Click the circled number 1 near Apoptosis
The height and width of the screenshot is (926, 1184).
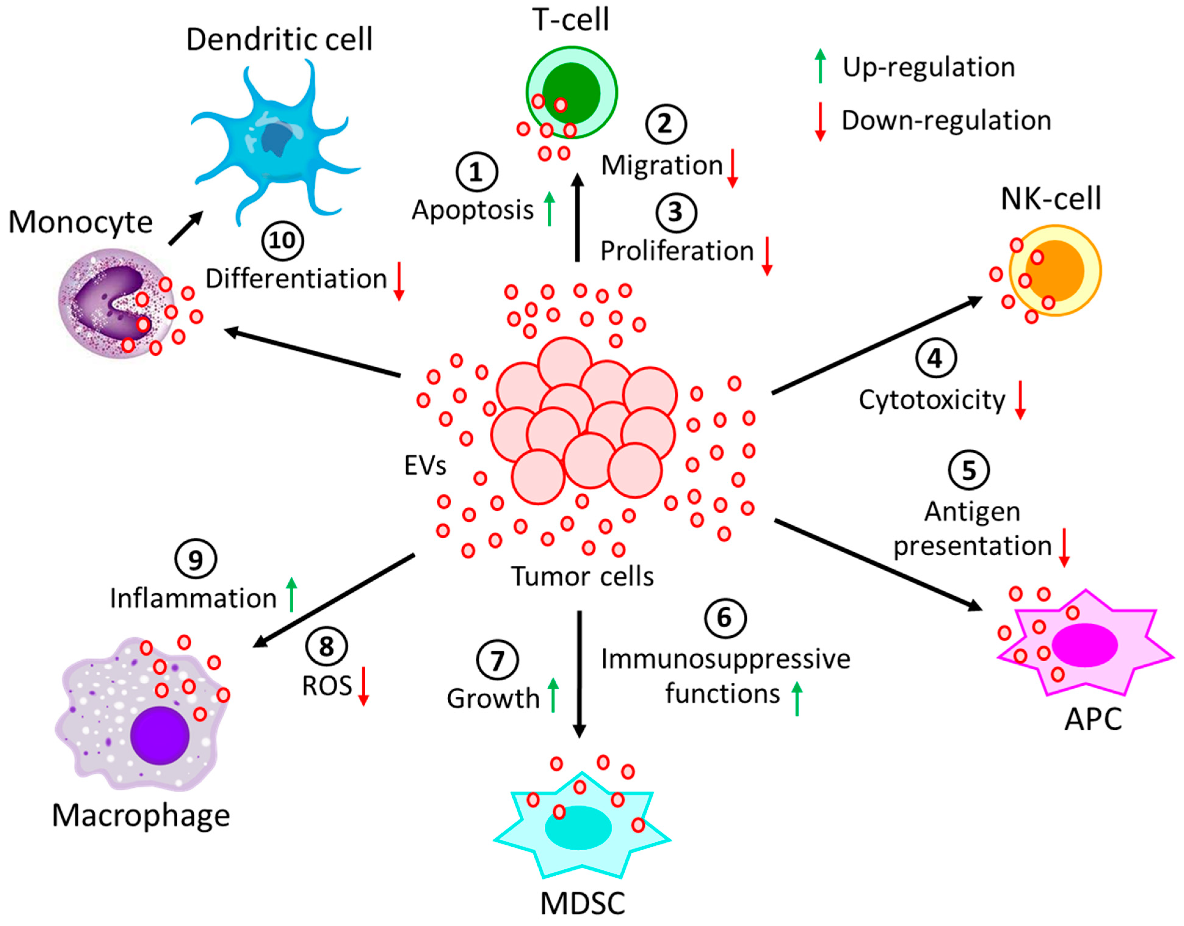pyautogui.click(x=476, y=172)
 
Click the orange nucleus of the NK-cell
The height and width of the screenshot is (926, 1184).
pyautogui.click(x=1054, y=270)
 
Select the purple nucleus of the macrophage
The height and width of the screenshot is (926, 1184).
pyautogui.click(x=160, y=735)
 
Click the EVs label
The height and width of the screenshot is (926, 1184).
pyautogui.click(x=425, y=465)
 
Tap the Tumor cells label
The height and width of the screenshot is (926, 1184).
pyautogui.click(x=582, y=576)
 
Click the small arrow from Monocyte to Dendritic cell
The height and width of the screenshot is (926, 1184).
pyautogui.click(x=186, y=228)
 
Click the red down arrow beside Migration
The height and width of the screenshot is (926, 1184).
pyautogui.click(x=732, y=168)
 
